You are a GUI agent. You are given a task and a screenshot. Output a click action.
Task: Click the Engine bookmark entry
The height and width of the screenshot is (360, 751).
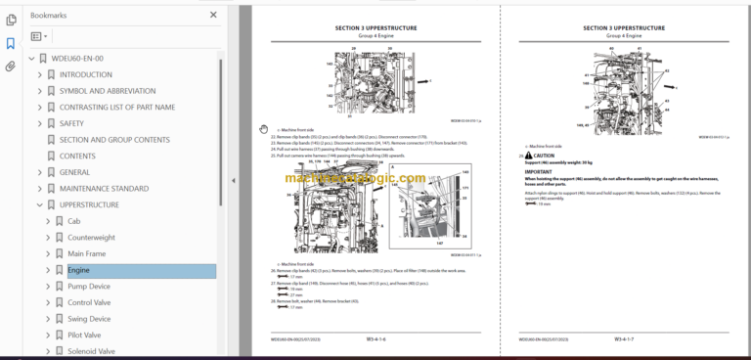tap(78, 270)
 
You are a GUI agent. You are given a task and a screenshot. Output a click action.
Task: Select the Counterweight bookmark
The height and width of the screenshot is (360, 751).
tap(91, 238)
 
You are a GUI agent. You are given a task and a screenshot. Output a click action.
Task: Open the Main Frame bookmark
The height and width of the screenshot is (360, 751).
tap(87, 253)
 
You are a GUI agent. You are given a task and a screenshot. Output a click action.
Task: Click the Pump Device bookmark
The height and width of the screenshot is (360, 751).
tap(89, 287)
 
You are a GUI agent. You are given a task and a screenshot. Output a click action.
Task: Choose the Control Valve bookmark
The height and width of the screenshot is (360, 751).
tap(91, 302)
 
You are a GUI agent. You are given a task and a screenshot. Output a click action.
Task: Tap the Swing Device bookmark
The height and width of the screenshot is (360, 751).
tap(89, 319)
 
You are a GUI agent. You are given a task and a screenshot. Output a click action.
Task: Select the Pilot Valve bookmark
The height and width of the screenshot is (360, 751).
tap(84, 335)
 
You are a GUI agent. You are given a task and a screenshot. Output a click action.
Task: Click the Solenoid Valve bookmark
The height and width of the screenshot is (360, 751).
tap(91, 351)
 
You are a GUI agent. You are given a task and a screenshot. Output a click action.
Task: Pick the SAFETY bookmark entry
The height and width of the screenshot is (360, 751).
tap(72, 123)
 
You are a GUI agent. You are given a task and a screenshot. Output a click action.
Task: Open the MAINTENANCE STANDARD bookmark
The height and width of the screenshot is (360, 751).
tap(103, 188)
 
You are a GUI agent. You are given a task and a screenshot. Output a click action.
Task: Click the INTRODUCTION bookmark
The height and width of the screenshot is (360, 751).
tap(85, 74)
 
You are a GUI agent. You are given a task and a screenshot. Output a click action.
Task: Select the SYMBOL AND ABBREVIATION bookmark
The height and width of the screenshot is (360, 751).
tap(107, 91)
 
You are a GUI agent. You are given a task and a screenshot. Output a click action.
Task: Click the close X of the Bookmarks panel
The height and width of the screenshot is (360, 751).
tap(213, 16)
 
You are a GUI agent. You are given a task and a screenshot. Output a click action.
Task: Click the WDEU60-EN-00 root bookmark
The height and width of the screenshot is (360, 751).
tap(76, 59)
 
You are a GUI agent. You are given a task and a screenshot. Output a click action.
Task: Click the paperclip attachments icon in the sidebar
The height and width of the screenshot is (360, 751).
tap(10, 67)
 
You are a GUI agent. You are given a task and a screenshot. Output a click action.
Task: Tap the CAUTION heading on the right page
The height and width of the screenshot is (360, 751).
tap(544, 156)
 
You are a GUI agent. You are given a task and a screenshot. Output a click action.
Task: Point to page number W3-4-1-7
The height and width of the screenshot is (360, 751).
tap(626, 339)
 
